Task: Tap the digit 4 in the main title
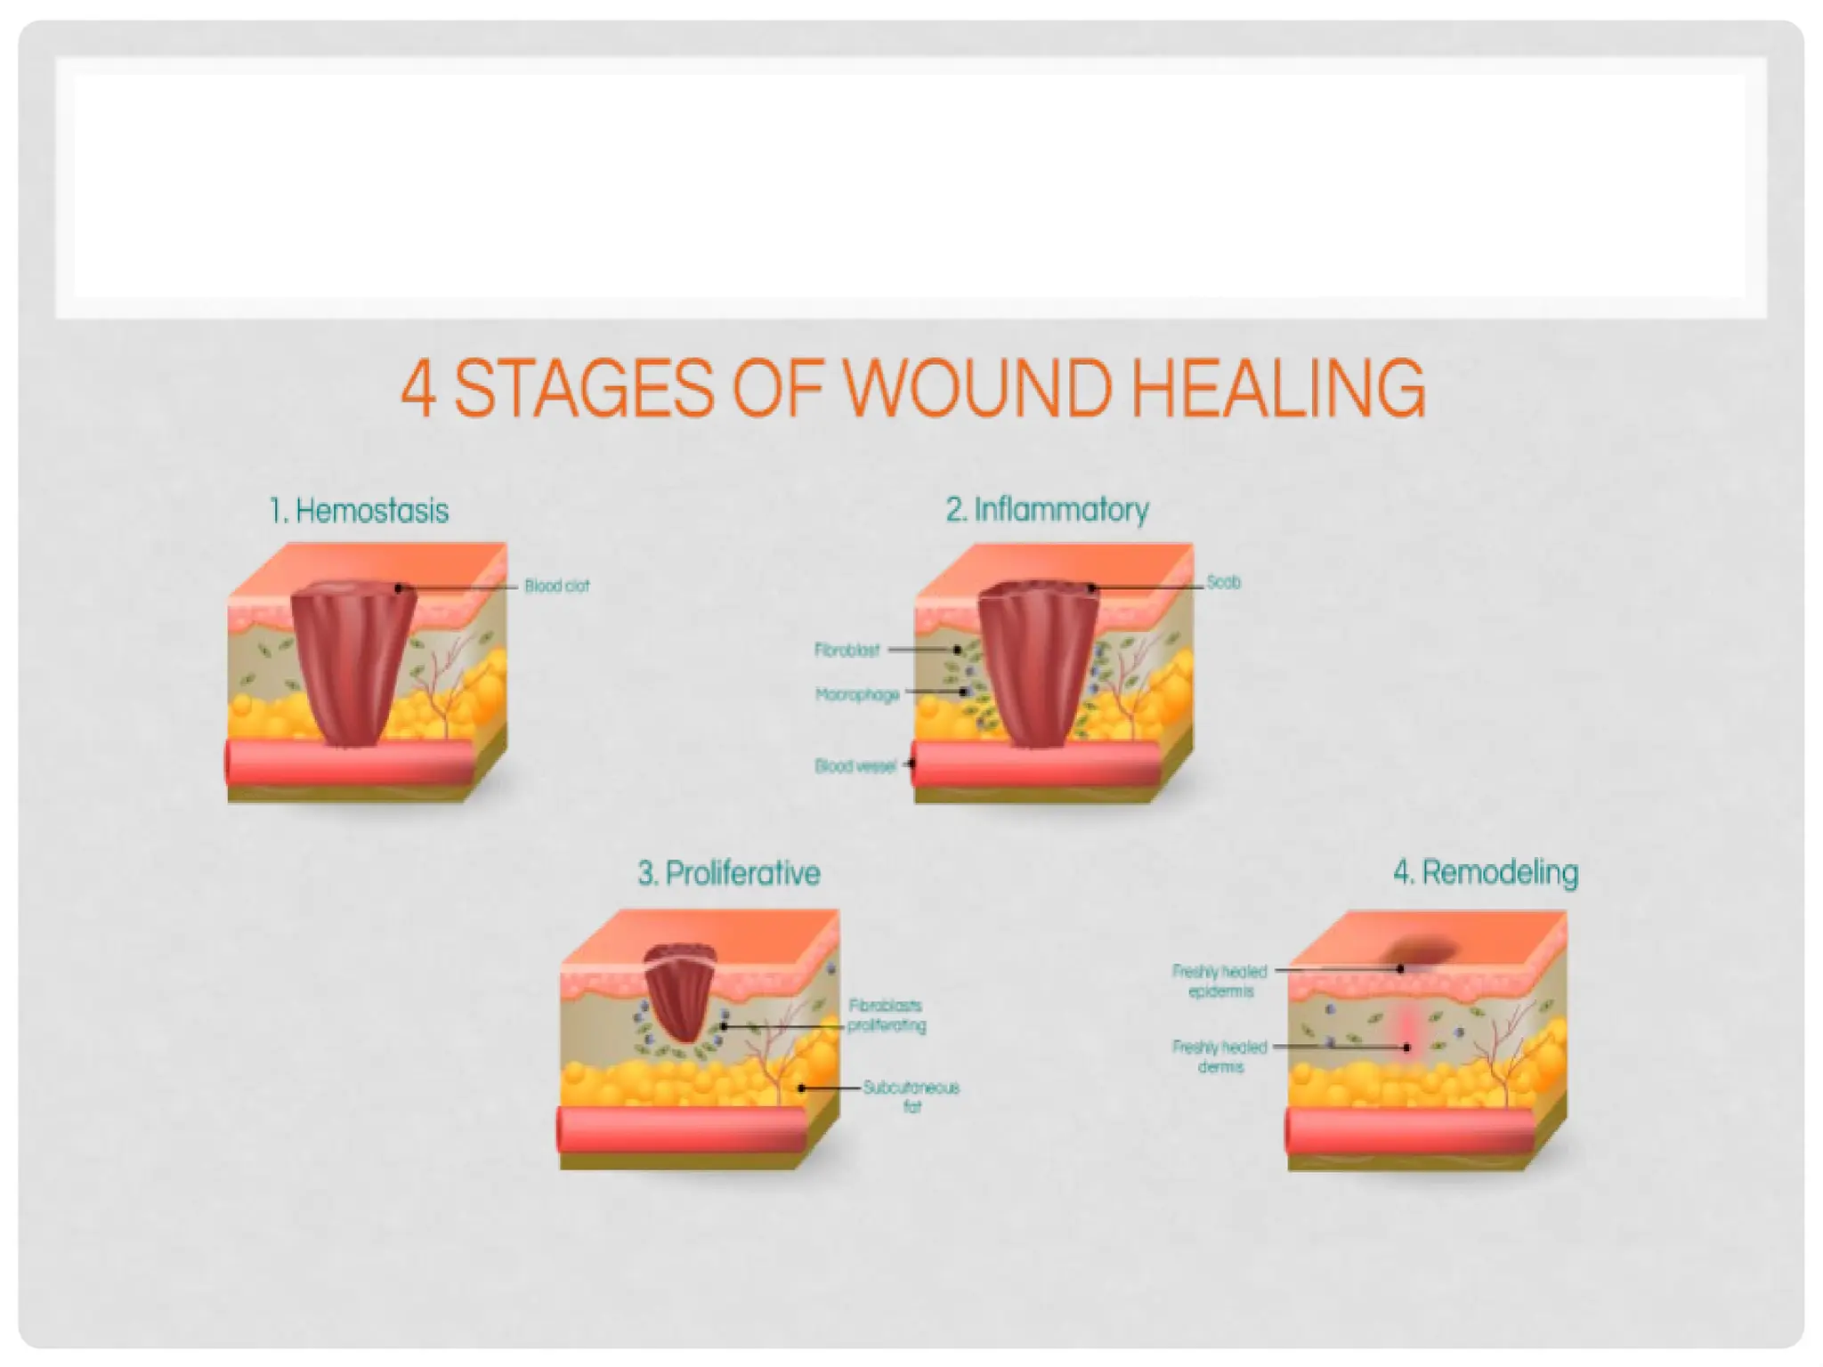[x=418, y=390]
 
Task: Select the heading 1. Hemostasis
[x=359, y=511]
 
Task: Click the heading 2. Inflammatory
[x=1047, y=510]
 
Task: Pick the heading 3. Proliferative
[x=729, y=873]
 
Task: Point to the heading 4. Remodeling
[x=1486, y=872]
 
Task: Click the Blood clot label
[x=556, y=586]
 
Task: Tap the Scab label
[x=1223, y=582]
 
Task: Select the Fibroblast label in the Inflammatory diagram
[x=847, y=651]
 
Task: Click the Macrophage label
[x=857, y=694]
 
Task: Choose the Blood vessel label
[x=855, y=766]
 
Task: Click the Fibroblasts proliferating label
[x=886, y=1015]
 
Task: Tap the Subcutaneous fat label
[x=911, y=1096]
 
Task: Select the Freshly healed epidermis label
[x=1219, y=981]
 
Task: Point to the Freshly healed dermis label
[x=1219, y=1056]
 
